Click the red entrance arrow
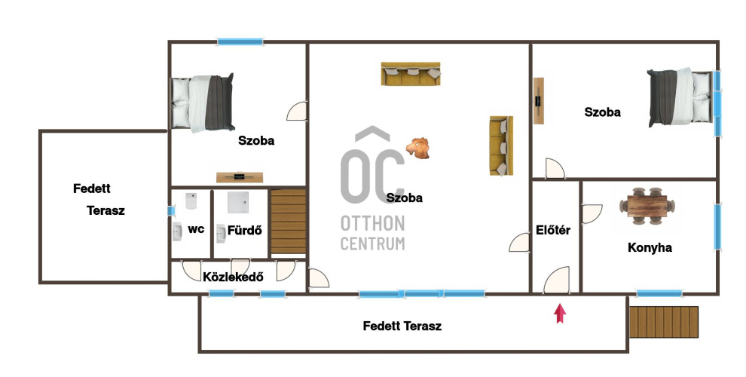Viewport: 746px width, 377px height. coord(561,314)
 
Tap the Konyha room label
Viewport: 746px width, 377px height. coord(650,247)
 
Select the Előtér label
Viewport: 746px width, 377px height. coord(553,230)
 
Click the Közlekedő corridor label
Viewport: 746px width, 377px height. coord(233,277)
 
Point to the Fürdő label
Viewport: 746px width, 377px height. coord(245,231)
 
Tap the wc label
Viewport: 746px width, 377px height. coord(196,229)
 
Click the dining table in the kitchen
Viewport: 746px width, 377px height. coord(647,206)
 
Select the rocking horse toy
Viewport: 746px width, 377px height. coord(418,148)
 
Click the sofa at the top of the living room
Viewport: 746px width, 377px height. coord(411,73)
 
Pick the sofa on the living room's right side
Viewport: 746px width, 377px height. coord(501,146)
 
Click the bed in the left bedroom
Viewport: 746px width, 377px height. coord(203,103)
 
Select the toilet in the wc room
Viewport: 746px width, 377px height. coord(191,201)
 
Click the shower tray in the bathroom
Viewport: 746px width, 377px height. coord(241,202)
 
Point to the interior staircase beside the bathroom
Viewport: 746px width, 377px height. coord(288,222)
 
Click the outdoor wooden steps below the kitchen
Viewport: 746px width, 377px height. coord(664,322)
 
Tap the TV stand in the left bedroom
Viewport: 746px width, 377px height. coord(240,177)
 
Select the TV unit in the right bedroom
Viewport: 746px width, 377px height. coord(539,101)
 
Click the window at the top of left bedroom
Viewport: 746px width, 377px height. coord(240,42)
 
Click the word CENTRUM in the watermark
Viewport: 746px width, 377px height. coord(372,244)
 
